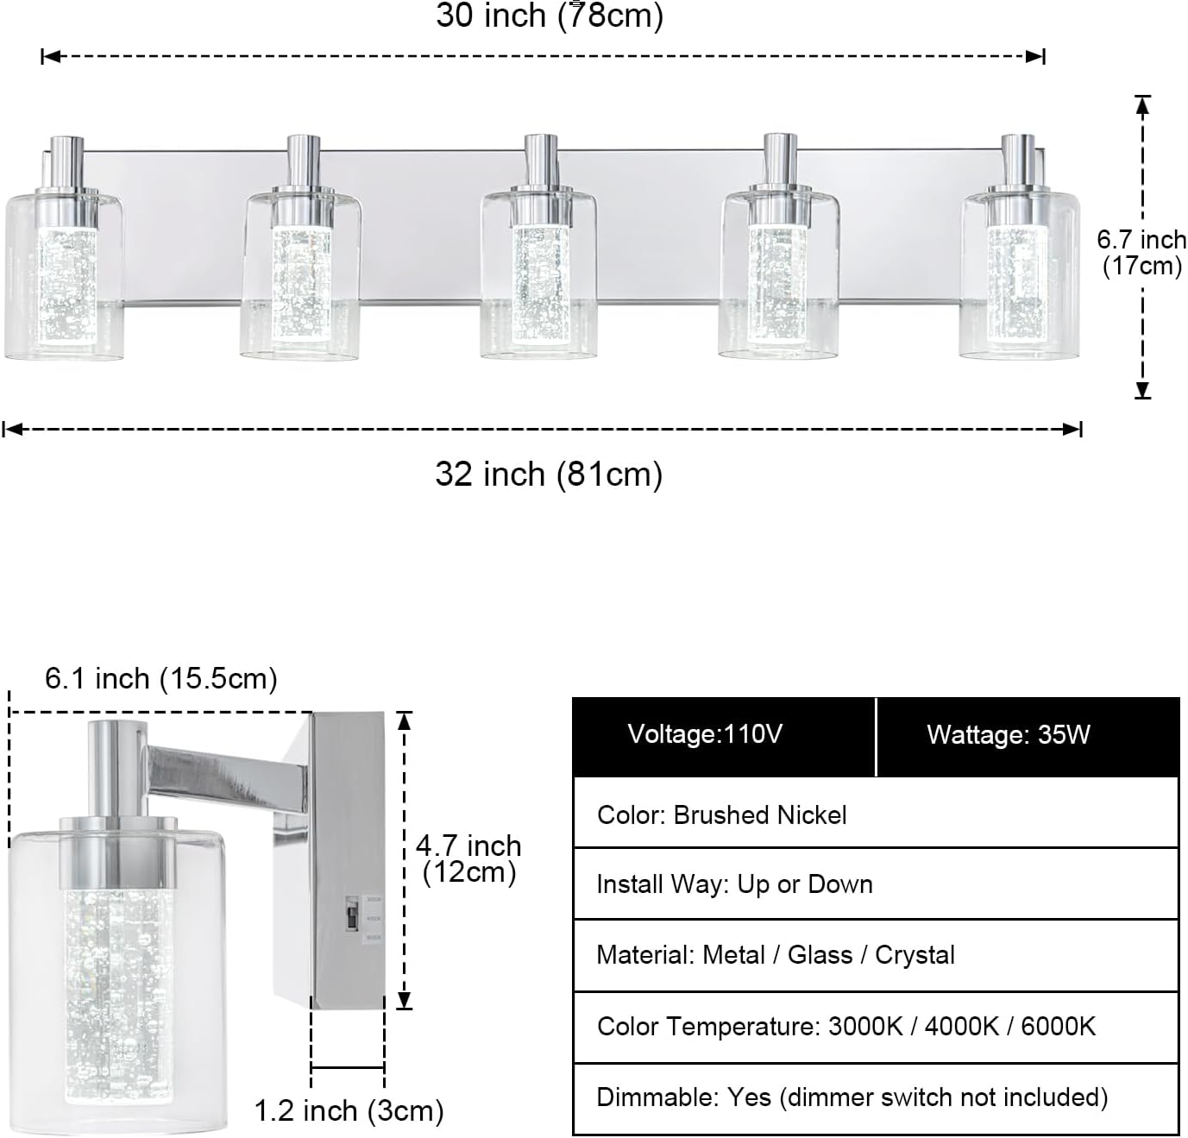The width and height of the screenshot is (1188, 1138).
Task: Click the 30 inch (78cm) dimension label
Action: tap(550, 16)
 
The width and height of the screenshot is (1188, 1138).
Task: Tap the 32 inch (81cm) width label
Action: tap(549, 475)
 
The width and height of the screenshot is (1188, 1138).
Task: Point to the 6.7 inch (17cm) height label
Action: tap(1141, 253)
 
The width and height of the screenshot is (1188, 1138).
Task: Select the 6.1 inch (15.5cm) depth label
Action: tap(161, 678)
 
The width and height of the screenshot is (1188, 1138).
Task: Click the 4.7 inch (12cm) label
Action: tap(468, 859)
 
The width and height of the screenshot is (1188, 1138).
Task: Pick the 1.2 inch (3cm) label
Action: tap(349, 1110)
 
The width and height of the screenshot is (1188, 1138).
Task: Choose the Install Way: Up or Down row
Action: tap(876, 883)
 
